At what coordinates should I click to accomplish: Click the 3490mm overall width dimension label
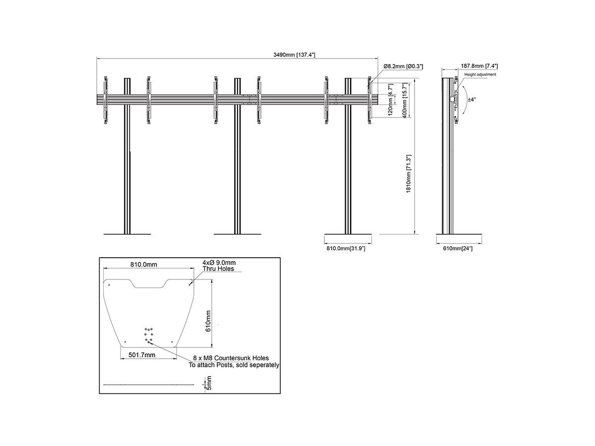pyautogui.click(x=294, y=55)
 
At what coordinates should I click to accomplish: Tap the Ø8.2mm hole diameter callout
pyautogui.click(x=403, y=66)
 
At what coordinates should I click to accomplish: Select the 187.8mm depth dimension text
pyautogui.click(x=479, y=66)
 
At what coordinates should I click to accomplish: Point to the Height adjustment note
pyautogui.click(x=480, y=74)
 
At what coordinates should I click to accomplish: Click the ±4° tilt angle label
pyautogui.click(x=472, y=100)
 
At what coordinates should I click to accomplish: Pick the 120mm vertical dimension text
pyautogui.click(x=390, y=100)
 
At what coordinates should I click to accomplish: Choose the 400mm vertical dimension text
pyautogui.click(x=405, y=100)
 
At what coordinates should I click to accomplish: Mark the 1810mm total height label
pyautogui.click(x=409, y=173)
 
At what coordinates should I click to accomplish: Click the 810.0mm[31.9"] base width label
pyautogui.click(x=346, y=248)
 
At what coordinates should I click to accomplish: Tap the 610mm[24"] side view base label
pyautogui.click(x=458, y=248)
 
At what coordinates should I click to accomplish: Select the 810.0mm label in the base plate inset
pyautogui.click(x=144, y=265)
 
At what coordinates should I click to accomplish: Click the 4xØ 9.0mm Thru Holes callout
pyautogui.click(x=219, y=266)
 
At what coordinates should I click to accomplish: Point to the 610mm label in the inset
pyautogui.click(x=208, y=321)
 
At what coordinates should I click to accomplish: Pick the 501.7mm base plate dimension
pyautogui.click(x=142, y=355)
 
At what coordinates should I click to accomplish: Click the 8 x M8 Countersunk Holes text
pyautogui.click(x=231, y=358)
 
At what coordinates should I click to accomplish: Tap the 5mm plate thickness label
pyautogui.click(x=209, y=383)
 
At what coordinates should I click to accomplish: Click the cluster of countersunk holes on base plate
pyautogui.click(x=149, y=336)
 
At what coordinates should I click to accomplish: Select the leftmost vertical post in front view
pyautogui.click(x=127, y=156)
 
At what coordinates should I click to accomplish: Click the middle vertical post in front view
pyautogui.click(x=237, y=156)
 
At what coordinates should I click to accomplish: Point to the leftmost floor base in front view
pyautogui.click(x=127, y=234)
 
